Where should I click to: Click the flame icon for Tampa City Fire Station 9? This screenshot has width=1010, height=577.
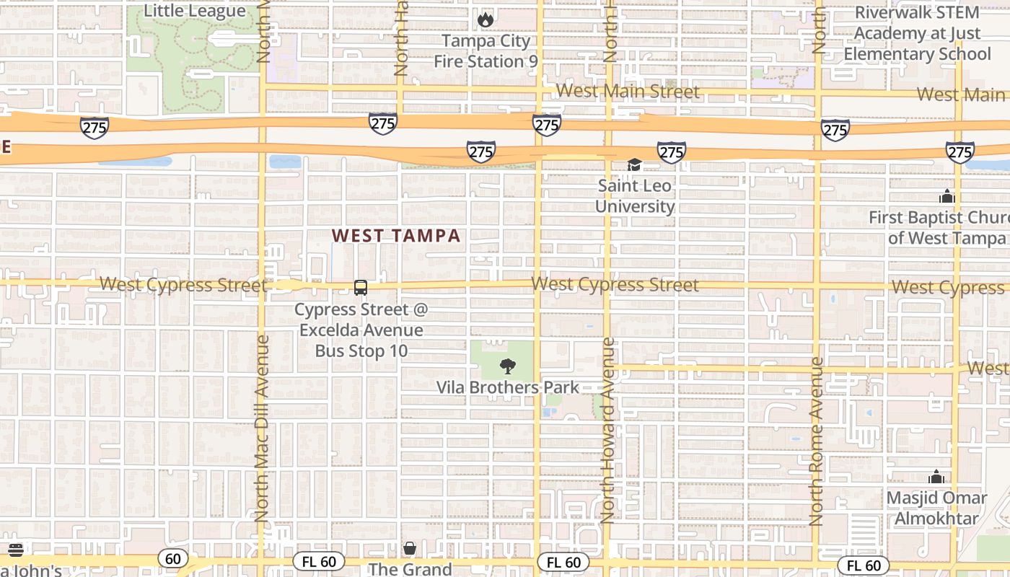tap(486, 19)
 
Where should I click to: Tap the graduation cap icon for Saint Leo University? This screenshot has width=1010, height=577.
tap(634, 165)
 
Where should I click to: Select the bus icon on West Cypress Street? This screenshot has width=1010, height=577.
tap(361, 288)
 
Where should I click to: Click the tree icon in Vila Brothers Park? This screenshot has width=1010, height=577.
tap(508, 366)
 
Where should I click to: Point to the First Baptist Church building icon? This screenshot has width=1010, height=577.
tap(947, 196)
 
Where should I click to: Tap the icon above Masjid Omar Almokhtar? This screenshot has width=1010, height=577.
tap(936, 477)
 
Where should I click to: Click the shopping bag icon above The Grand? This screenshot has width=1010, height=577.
tap(410, 549)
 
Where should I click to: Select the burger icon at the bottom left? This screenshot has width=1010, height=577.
tap(16, 550)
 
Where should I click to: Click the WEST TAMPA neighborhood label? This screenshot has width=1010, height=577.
tap(396, 236)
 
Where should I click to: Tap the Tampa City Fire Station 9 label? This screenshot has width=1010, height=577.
tap(486, 51)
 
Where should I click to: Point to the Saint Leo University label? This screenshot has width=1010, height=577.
tap(635, 196)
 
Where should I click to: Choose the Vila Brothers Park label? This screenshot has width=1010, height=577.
tap(508, 387)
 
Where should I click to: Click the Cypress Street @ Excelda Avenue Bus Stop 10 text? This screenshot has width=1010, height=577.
tap(361, 330)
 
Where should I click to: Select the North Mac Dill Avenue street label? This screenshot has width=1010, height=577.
tap(261, 427)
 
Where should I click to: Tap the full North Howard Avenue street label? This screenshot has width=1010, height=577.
tap(607, 430)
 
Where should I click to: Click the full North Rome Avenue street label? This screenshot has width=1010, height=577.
tap(816, 441)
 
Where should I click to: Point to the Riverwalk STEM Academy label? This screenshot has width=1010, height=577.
tap(917, 33)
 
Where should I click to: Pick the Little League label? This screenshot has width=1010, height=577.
tap(195, 11)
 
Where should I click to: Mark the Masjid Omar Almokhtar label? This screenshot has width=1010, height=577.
tap(936, 508)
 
